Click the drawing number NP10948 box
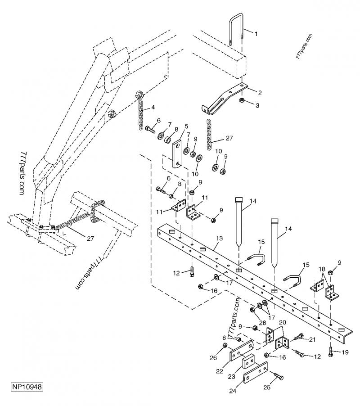pyautogui.click(x=27, y=387)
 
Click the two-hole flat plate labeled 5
pyautogui.click(x=178, y=153)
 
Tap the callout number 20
pyautogui.click(x=282, y=323)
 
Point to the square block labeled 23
pyautogui.click(x=248, y=363)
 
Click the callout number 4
pyautogui.click(x=153, y=107)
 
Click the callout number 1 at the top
pyautogui.click(x=256, y=34)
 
